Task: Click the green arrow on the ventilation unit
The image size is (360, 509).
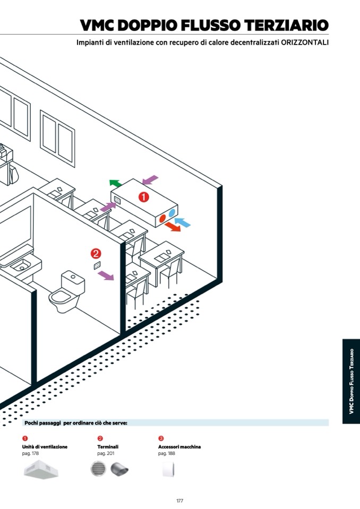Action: [x=115, y=184]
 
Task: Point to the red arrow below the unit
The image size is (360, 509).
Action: [x=172, y=227]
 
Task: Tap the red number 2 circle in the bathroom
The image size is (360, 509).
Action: [x=96, y=254]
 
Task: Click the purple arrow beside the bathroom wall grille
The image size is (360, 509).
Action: [x=106, y=275]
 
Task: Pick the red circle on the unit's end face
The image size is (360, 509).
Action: [x=162, y=218]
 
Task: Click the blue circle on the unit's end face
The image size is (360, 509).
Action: [x=172, y=213]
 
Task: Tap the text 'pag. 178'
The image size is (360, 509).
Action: [x=30, y=454]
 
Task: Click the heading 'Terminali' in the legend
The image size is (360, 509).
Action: [x=107, y=447]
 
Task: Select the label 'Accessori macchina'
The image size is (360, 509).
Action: [x=179, y=447]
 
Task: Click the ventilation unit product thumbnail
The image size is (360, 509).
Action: [x=41, y=470]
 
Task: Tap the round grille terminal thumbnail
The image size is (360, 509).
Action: [x=98, y=469]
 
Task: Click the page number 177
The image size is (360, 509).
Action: [x=179, y=501]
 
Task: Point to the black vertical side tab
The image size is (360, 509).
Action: [x=351, y=381]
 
